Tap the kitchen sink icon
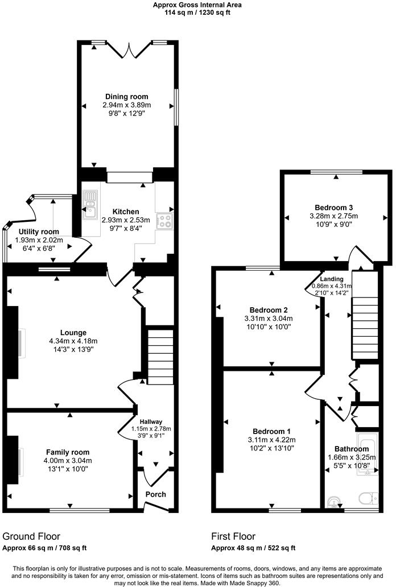click(90, 204)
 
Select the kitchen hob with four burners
click(166, 221)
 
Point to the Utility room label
click(38, 232)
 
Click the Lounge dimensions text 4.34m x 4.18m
click(73, 341)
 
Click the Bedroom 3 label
click(333, 208)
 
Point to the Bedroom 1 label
click(271, 431)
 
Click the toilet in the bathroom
click(371, 498)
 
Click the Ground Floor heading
click(31, 536)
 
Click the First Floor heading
click(233, 536)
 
